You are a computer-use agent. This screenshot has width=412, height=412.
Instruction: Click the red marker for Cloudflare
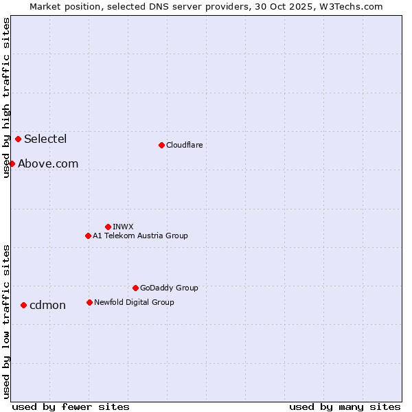[x=161, y=145]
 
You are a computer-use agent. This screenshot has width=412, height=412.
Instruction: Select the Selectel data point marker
[x=18, y=139]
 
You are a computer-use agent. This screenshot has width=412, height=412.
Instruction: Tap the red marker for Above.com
[x=12, y=163]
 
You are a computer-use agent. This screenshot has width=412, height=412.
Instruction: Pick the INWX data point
[x=108, y=227]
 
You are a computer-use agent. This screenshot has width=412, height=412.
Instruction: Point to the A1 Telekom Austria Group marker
[x=88, y=236]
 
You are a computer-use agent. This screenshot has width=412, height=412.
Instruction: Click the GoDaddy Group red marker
[x=135, y=288]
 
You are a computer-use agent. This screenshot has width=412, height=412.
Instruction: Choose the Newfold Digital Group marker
[x=89, y=302]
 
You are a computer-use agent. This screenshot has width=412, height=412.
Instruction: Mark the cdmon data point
[x=23, y=305]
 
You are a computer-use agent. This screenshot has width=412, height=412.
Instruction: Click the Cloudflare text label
[x=185, y=145]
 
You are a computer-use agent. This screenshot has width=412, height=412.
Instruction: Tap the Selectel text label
[x=45, y=139]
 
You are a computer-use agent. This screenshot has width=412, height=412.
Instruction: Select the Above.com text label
[x=48, y=163]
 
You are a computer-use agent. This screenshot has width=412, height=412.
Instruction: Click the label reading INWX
[x=123, y=227]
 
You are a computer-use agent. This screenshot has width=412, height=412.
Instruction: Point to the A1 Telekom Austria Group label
[x=140, y=236]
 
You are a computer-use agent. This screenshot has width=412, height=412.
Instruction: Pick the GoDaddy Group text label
[x=169, y=288]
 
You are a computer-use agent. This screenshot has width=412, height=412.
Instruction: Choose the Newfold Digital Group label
[x=134, y=302]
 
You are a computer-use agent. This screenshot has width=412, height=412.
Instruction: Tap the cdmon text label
[x=47, y=305]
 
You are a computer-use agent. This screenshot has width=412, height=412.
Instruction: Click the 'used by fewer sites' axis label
[x=71, y=407]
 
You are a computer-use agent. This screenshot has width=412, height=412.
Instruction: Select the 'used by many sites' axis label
[x=345, y=407]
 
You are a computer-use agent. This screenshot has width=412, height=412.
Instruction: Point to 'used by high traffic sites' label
[x=6, y=98]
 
